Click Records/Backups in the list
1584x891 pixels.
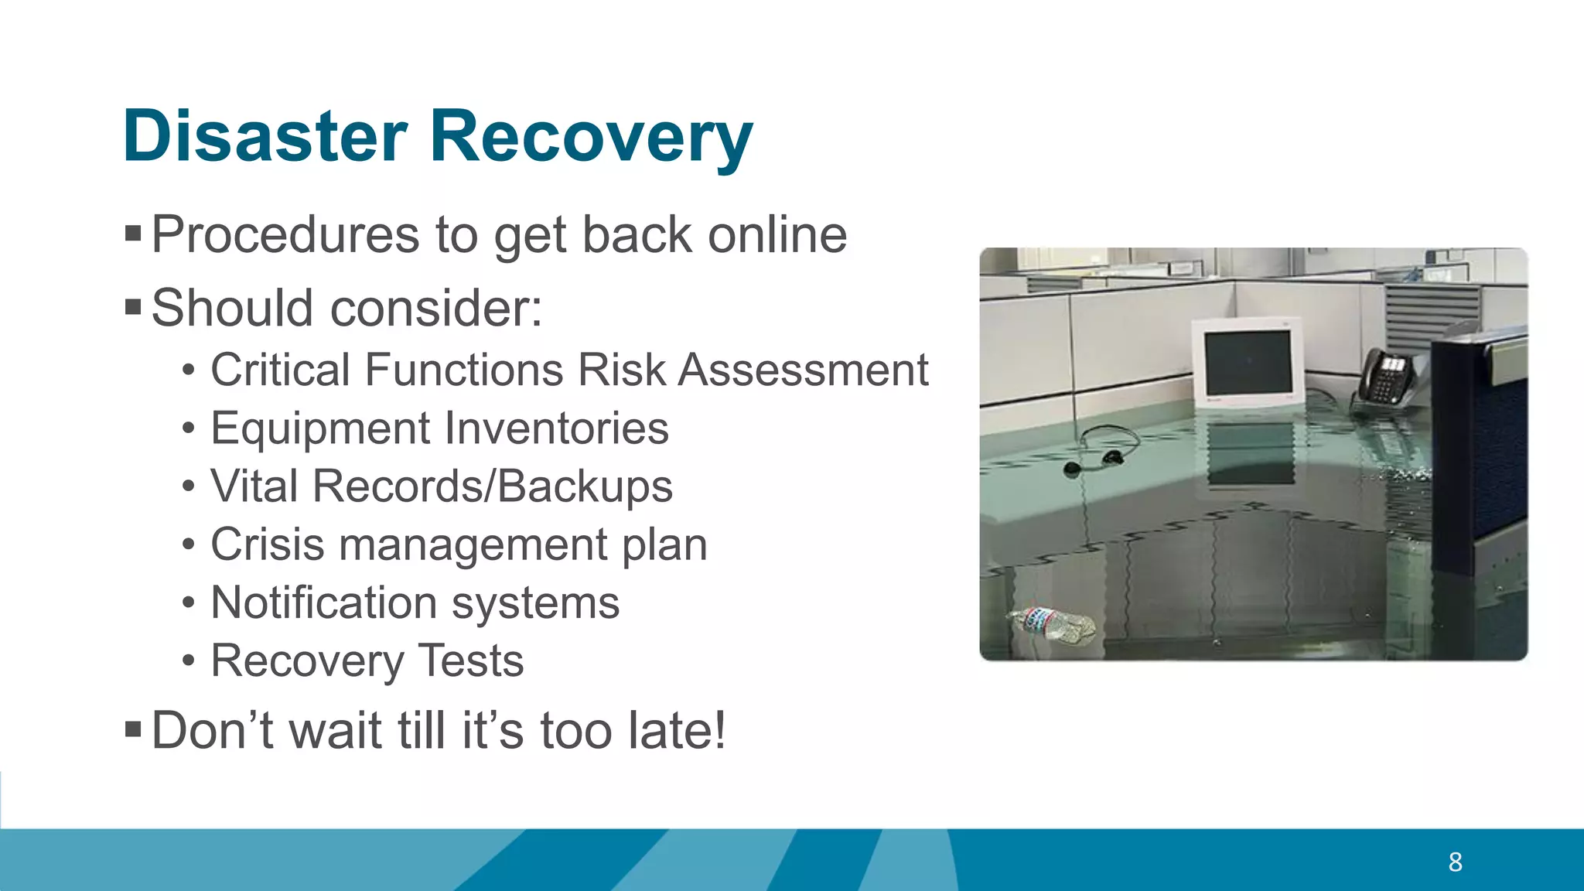(492, 486)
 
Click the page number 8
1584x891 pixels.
(1455, 862)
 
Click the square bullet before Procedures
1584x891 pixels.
(133, 233)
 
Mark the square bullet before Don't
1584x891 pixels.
(133, 729)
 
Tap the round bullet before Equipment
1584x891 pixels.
(189, 428)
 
